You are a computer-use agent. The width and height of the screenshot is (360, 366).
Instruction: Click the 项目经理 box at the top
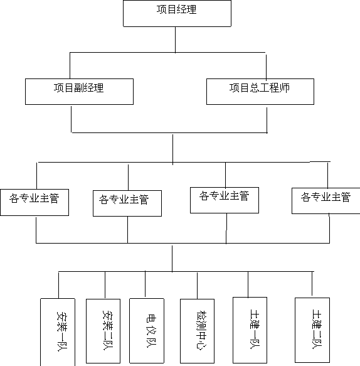point(177,13)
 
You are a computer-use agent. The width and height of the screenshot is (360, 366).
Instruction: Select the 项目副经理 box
point(79,92)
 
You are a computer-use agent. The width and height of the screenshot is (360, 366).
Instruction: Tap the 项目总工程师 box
point(260,92)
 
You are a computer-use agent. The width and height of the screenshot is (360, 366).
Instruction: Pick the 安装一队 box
point(58,332)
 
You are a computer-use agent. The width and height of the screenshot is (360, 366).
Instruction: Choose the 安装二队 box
point(103,331)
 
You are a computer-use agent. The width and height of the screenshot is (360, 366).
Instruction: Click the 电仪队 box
point(147,331)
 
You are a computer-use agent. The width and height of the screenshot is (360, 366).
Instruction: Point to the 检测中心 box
point(198,331)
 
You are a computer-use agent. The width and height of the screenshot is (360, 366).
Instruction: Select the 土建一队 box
point(250,330)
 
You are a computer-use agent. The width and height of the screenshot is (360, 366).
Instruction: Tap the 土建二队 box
point(312,330)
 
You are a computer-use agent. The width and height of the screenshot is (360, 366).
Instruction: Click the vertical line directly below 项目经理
point(176,40)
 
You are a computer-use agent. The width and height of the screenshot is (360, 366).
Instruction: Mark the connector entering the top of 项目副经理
point(70,65)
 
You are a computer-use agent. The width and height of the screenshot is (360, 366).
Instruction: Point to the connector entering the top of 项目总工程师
point(267,67)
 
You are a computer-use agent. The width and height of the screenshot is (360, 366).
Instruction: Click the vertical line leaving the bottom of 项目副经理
point(71,119)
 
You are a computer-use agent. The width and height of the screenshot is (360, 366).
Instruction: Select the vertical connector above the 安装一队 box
point(58,285)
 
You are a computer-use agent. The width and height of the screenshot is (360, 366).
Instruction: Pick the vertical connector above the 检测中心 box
point(198,286)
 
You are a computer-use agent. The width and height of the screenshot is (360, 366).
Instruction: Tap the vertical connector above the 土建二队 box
point(312,283)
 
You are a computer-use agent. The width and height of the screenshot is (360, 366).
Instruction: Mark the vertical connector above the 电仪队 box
point(146,284)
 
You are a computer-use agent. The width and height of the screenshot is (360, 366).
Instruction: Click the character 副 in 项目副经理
point(78,88)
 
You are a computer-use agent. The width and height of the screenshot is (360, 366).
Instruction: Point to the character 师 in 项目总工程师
point(285,88)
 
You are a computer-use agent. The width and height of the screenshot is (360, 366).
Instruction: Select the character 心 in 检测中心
point(200,344)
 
